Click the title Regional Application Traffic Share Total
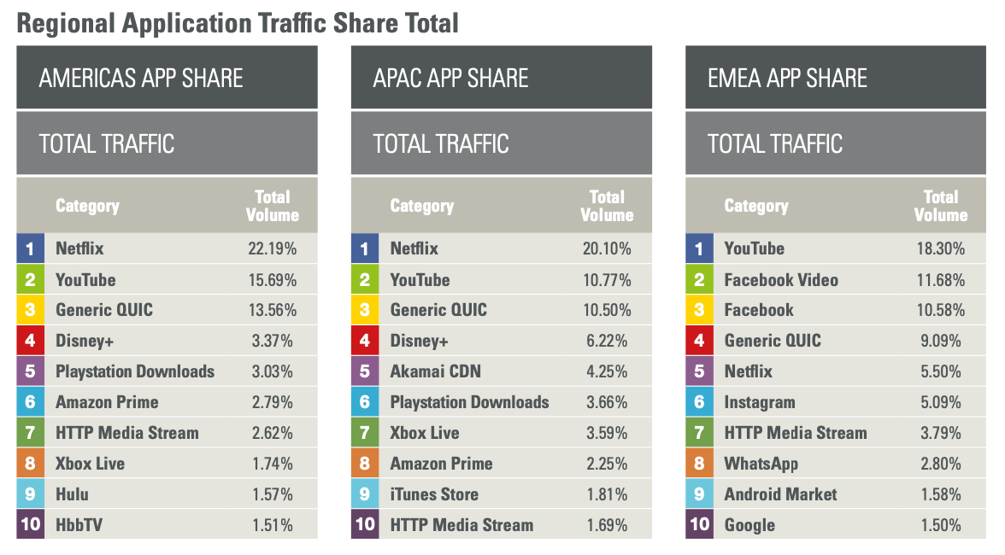(x=238, y=22)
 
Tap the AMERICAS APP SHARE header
(x=141, y=79)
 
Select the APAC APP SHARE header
(x=450, y=79)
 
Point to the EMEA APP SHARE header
(x=787, y=79)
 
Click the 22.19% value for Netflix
(x=273, y=248)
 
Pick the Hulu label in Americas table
(x=72, y=494)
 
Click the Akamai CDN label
(x=435, y=371)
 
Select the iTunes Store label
(x=434, y=494)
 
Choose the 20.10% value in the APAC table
(x=607, y=248)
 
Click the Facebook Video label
(x=781, y=280)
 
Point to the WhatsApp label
(x=761, y=464)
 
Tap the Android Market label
(x=780, y=494)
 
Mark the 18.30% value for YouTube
(x=941, y=248)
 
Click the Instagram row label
(x=760, y=402)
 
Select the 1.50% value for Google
(x=941, y=524)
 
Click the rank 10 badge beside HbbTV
(x=30, y=524)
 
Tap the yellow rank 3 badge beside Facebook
(x=699, y=310)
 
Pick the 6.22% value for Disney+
(x=607, y=341)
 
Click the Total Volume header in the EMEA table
(x=941, y=206)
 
